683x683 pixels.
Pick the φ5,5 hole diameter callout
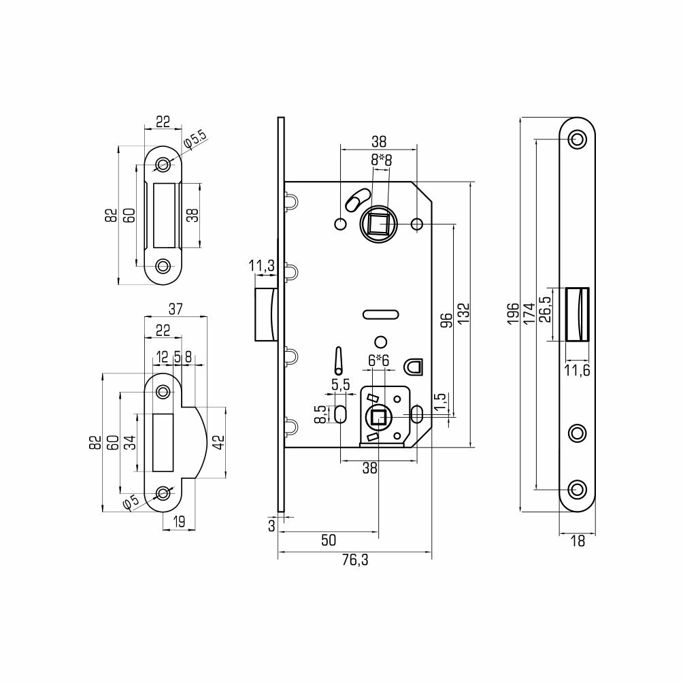196,139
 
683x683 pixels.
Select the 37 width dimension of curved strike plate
176,310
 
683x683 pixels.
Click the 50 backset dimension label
329,540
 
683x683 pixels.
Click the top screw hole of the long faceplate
578,139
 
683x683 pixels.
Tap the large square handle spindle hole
375,223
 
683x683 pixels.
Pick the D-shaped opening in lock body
414,367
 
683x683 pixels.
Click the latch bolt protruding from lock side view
264,314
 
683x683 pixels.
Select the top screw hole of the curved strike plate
163,392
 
